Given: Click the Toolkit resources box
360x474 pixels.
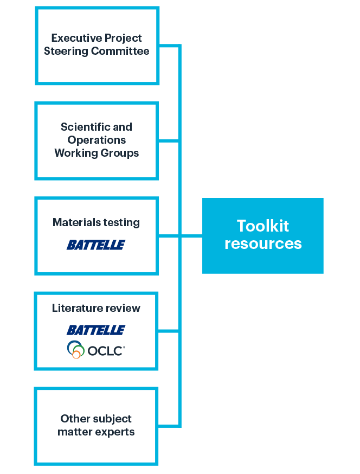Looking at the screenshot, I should pyautogui.click(x=262, y=235).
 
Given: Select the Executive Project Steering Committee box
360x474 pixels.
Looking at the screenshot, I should pyautogui.click(x=97, y=46).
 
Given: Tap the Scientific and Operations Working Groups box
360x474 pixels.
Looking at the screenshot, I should pyautogui.click(x=97, y=140).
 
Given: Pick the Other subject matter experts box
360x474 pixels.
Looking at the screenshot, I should pyautogui.click(x=97, y=426).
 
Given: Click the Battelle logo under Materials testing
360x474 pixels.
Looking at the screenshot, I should pyautogui.click(x=96, y=245).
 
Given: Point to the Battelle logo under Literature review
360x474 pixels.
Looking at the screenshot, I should pyautogui.click(x=96, y=330).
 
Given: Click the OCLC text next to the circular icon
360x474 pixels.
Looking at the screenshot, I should pyautogui.click(x=106, y=350).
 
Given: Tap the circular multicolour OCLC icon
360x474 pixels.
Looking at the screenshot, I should pyautogui.click(x=76, y=349).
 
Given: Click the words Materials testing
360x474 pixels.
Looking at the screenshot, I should pyautogui.click(x=96, y=222).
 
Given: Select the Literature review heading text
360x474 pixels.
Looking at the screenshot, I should pyautogui.click(x=96, y=308).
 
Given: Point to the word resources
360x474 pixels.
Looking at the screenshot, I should pyautogui.click(x=263, y=244).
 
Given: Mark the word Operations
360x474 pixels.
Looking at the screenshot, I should pyautogui.click(x=97, y=140).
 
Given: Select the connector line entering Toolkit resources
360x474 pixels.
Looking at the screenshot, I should pyautogui.click(x=191, y=236).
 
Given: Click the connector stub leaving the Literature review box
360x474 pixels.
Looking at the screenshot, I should pyautogui.click(x=169, y=331).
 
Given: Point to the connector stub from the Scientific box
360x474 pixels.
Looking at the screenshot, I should pyautogui.click(x=169, y=141).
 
